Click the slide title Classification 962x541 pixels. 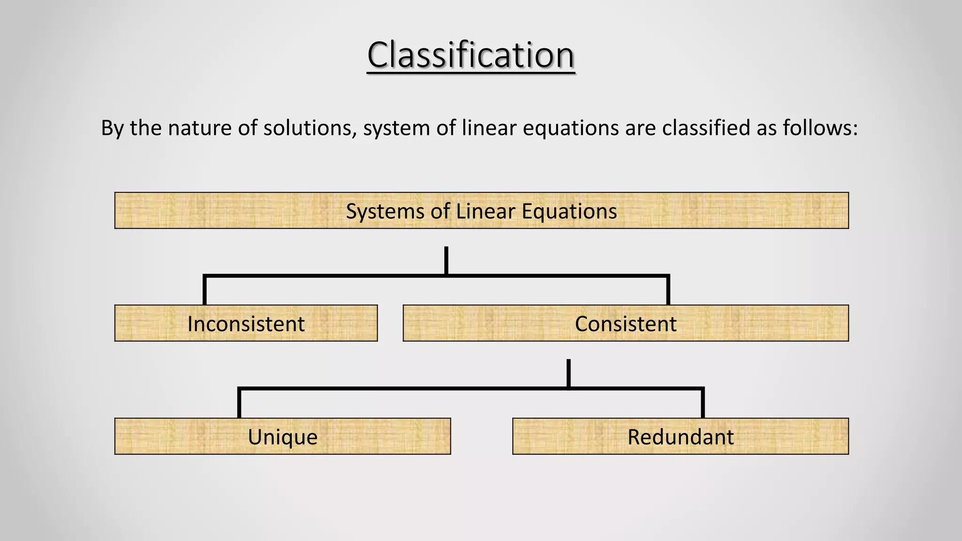[471, 55]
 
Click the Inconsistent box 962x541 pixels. [246, 324]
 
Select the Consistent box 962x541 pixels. [625, 324]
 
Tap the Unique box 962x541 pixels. [282, 436]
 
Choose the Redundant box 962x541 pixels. [680, 436]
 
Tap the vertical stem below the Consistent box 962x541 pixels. [568, 373]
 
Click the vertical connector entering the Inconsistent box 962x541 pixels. [205, 291]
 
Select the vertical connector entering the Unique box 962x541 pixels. [239, 404]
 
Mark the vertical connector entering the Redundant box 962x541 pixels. [703, 404]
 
